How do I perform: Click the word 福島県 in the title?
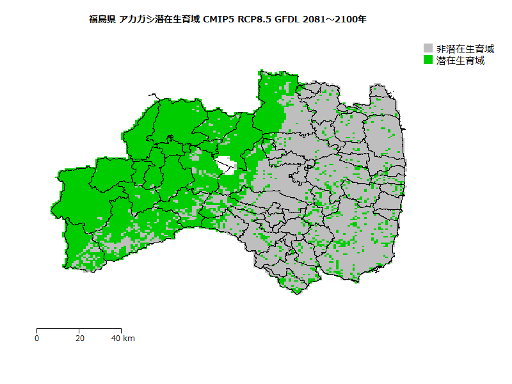[x=102, y=20]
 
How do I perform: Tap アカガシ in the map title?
[x=136, y=20]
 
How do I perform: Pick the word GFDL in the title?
[x=287, y=20]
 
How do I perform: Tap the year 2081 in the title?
[x=315, y=20]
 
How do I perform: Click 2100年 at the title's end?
[x=351, y=20]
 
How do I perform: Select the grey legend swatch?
[x=429, y=49]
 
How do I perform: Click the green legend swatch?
[x=429, y=60]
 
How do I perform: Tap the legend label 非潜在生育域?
[x=465, y=49]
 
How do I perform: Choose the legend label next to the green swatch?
[x=460, y=60]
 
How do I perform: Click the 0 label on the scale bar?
[x=37, y=338]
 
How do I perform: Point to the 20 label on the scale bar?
[x=79, y=338]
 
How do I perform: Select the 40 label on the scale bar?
[x=116, y=338]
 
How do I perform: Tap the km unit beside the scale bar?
[x=129, y=338]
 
